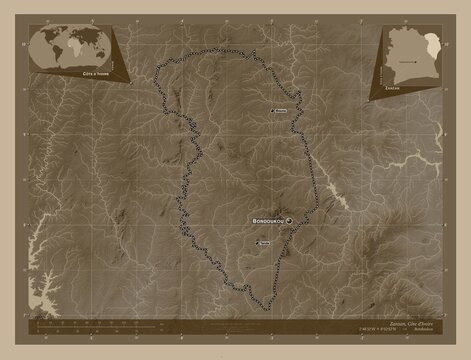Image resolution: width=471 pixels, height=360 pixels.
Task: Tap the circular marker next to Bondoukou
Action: [288, 220]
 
